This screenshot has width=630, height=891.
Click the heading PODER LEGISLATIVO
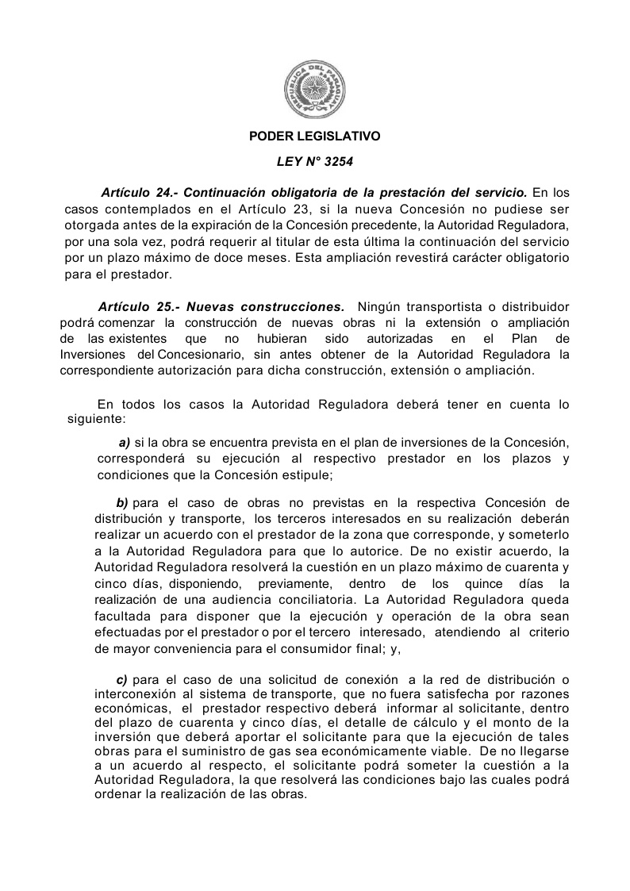(315, 136)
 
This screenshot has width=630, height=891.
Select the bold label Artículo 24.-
(140, 193)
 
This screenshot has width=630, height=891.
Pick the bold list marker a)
(124, 443)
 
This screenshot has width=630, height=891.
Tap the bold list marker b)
(122, 503)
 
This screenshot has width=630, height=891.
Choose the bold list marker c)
(122, 680)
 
